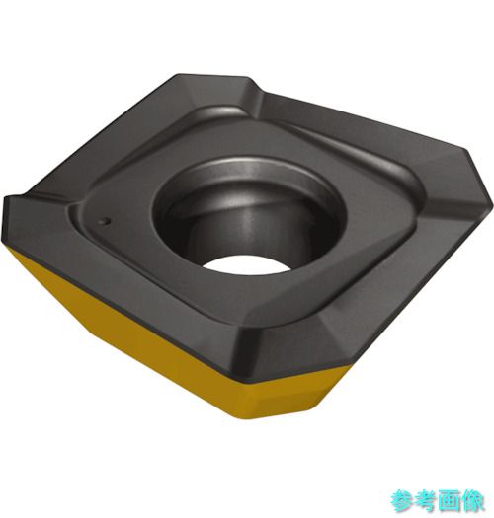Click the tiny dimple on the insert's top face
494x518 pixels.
105,221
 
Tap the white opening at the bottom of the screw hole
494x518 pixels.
243,264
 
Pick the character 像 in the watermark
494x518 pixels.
473,501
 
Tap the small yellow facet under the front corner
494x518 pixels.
285,397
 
